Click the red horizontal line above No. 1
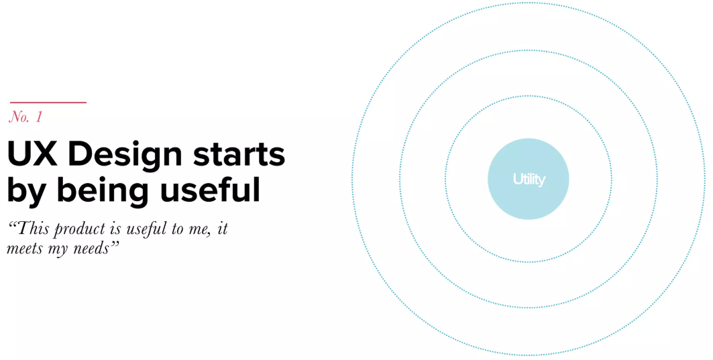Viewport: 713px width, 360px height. [48, 103]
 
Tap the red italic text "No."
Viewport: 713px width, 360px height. [19, 117]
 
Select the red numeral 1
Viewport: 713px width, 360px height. [39, 117]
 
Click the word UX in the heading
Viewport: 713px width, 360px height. [32, 155]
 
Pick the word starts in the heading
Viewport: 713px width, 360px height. [239, 156]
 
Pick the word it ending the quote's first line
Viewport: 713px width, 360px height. [223, 229]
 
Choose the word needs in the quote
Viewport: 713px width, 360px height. [93, 248]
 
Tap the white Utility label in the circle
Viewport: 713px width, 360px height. [529, 180]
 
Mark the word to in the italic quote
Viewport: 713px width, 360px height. [177, 229]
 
